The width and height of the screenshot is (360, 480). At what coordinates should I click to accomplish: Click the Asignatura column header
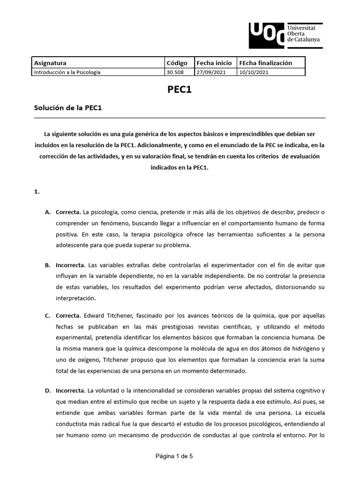pyautogui.click(x=50, y=63)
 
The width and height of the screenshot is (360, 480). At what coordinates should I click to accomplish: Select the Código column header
pyautogui.click(x=177, y=63)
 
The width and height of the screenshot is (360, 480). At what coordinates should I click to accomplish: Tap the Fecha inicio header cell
pyautogui.click(x=214, y=63)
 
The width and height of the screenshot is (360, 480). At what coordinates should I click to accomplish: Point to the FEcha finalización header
pyautogui.click(x=265, y=63)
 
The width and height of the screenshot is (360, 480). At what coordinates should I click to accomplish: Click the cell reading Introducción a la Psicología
pyautogui.click(x=67, y=72)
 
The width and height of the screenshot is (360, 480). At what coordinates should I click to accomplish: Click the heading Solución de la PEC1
pyautogui.click(x=68, y=108)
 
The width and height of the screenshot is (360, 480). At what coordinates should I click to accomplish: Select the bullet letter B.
pyautogui.click(x=48, y=265)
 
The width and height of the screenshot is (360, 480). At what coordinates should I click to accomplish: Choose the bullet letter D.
pyautogui.click(x=48, y=390)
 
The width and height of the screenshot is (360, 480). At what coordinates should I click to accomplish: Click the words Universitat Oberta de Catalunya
pyautogui.click(x=304, y=34)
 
